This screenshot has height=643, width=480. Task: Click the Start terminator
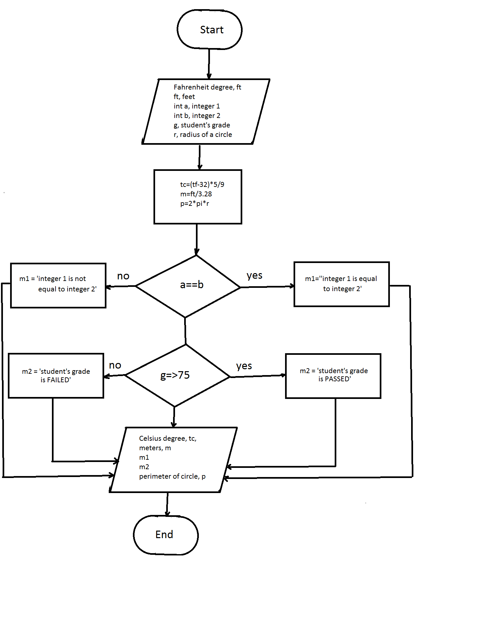point(210,30)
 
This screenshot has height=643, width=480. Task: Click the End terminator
point(166,535)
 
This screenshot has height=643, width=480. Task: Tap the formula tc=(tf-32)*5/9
point(202,185)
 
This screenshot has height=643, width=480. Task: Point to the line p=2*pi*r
point(195,204)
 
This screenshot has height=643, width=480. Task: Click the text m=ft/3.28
point(196,194)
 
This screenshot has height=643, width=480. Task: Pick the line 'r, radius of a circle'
point(203,135)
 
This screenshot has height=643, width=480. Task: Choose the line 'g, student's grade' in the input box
point(202,125)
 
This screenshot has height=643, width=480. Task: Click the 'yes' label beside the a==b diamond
point(254,275)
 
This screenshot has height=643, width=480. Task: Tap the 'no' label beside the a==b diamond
point(123,276)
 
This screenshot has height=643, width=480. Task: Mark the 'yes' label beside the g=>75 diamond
point(244,366)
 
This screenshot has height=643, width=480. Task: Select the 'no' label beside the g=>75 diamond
point(115,365)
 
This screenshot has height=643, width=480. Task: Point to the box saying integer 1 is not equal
point(58,285)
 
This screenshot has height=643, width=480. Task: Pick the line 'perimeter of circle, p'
point(172,476)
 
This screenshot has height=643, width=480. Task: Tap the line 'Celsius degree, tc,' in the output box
point(168,438)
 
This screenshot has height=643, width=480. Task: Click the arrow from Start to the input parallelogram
point(209,64)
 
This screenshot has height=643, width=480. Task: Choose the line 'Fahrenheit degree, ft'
point(207,87)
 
